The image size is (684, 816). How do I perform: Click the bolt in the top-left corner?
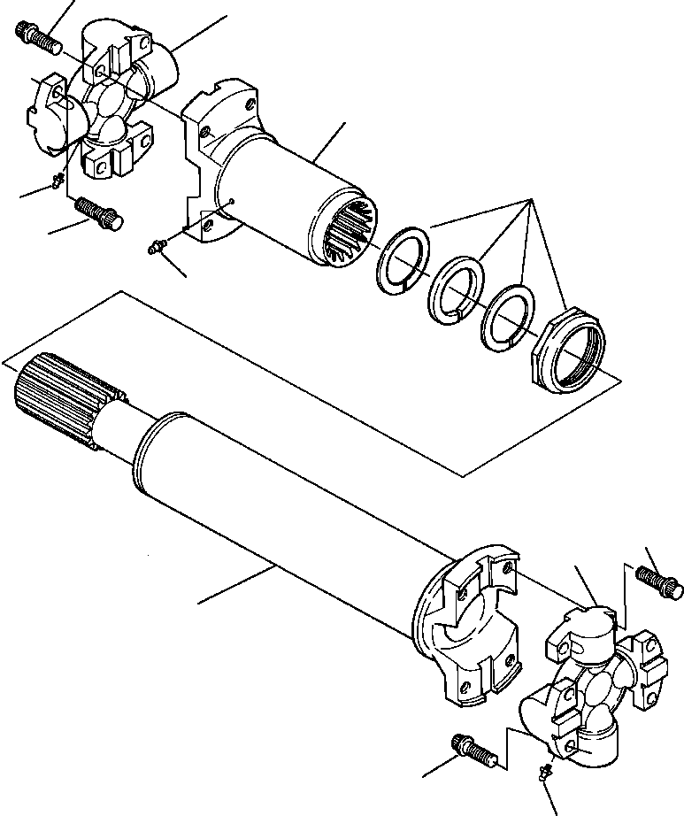click(x=35, y=36)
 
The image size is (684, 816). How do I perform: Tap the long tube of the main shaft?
click(x=283, y=522)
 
